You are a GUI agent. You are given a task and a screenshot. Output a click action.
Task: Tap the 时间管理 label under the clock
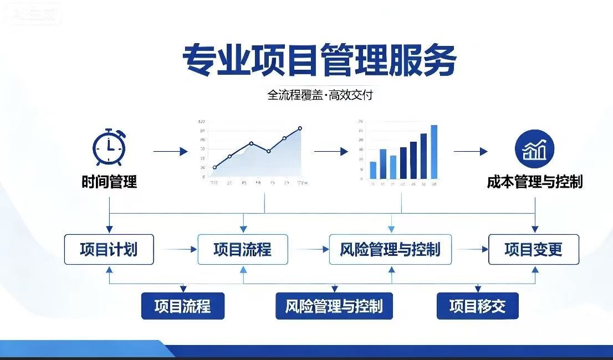click(x=109, y=182)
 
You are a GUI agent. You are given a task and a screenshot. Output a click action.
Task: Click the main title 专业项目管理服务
click(x=320, y=60)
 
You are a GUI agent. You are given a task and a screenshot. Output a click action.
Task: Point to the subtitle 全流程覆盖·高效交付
click(x=320, y=95)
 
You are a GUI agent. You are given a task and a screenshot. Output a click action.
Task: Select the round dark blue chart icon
click(x=534, y=148)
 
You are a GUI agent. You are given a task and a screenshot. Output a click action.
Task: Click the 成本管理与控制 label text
click(x=535, y=182)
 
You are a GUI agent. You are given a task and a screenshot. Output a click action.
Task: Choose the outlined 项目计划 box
click(x=109, y=249)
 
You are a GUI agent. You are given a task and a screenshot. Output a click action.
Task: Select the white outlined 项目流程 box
click(x=243, y=249)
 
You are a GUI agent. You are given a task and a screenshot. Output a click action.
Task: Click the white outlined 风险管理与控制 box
click(x=390, y=249)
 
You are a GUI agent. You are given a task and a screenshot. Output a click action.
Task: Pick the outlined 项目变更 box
click(x=533, y=249)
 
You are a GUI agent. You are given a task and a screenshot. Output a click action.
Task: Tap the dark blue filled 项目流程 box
click(x=183, y=306)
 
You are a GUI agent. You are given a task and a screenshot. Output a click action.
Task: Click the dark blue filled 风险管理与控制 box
click(x=334, y=306)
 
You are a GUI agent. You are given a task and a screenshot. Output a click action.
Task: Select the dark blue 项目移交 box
click(x=477, y=306)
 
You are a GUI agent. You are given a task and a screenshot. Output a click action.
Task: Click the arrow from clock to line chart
click(x=171, y=151)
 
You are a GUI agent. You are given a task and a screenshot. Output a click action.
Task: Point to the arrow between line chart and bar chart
click(x=331, y=151)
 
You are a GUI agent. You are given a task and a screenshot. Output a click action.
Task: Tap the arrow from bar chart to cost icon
click(x=471, y=151)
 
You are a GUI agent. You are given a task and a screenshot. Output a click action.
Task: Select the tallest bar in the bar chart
click(x=434, y=152)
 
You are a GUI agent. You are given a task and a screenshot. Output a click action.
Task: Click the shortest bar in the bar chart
click(x=373, y=170)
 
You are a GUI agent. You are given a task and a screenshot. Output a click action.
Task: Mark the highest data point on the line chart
click(x=300, y=128)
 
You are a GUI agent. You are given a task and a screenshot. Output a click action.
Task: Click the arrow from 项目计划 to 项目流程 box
click(x=176, y=250)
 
